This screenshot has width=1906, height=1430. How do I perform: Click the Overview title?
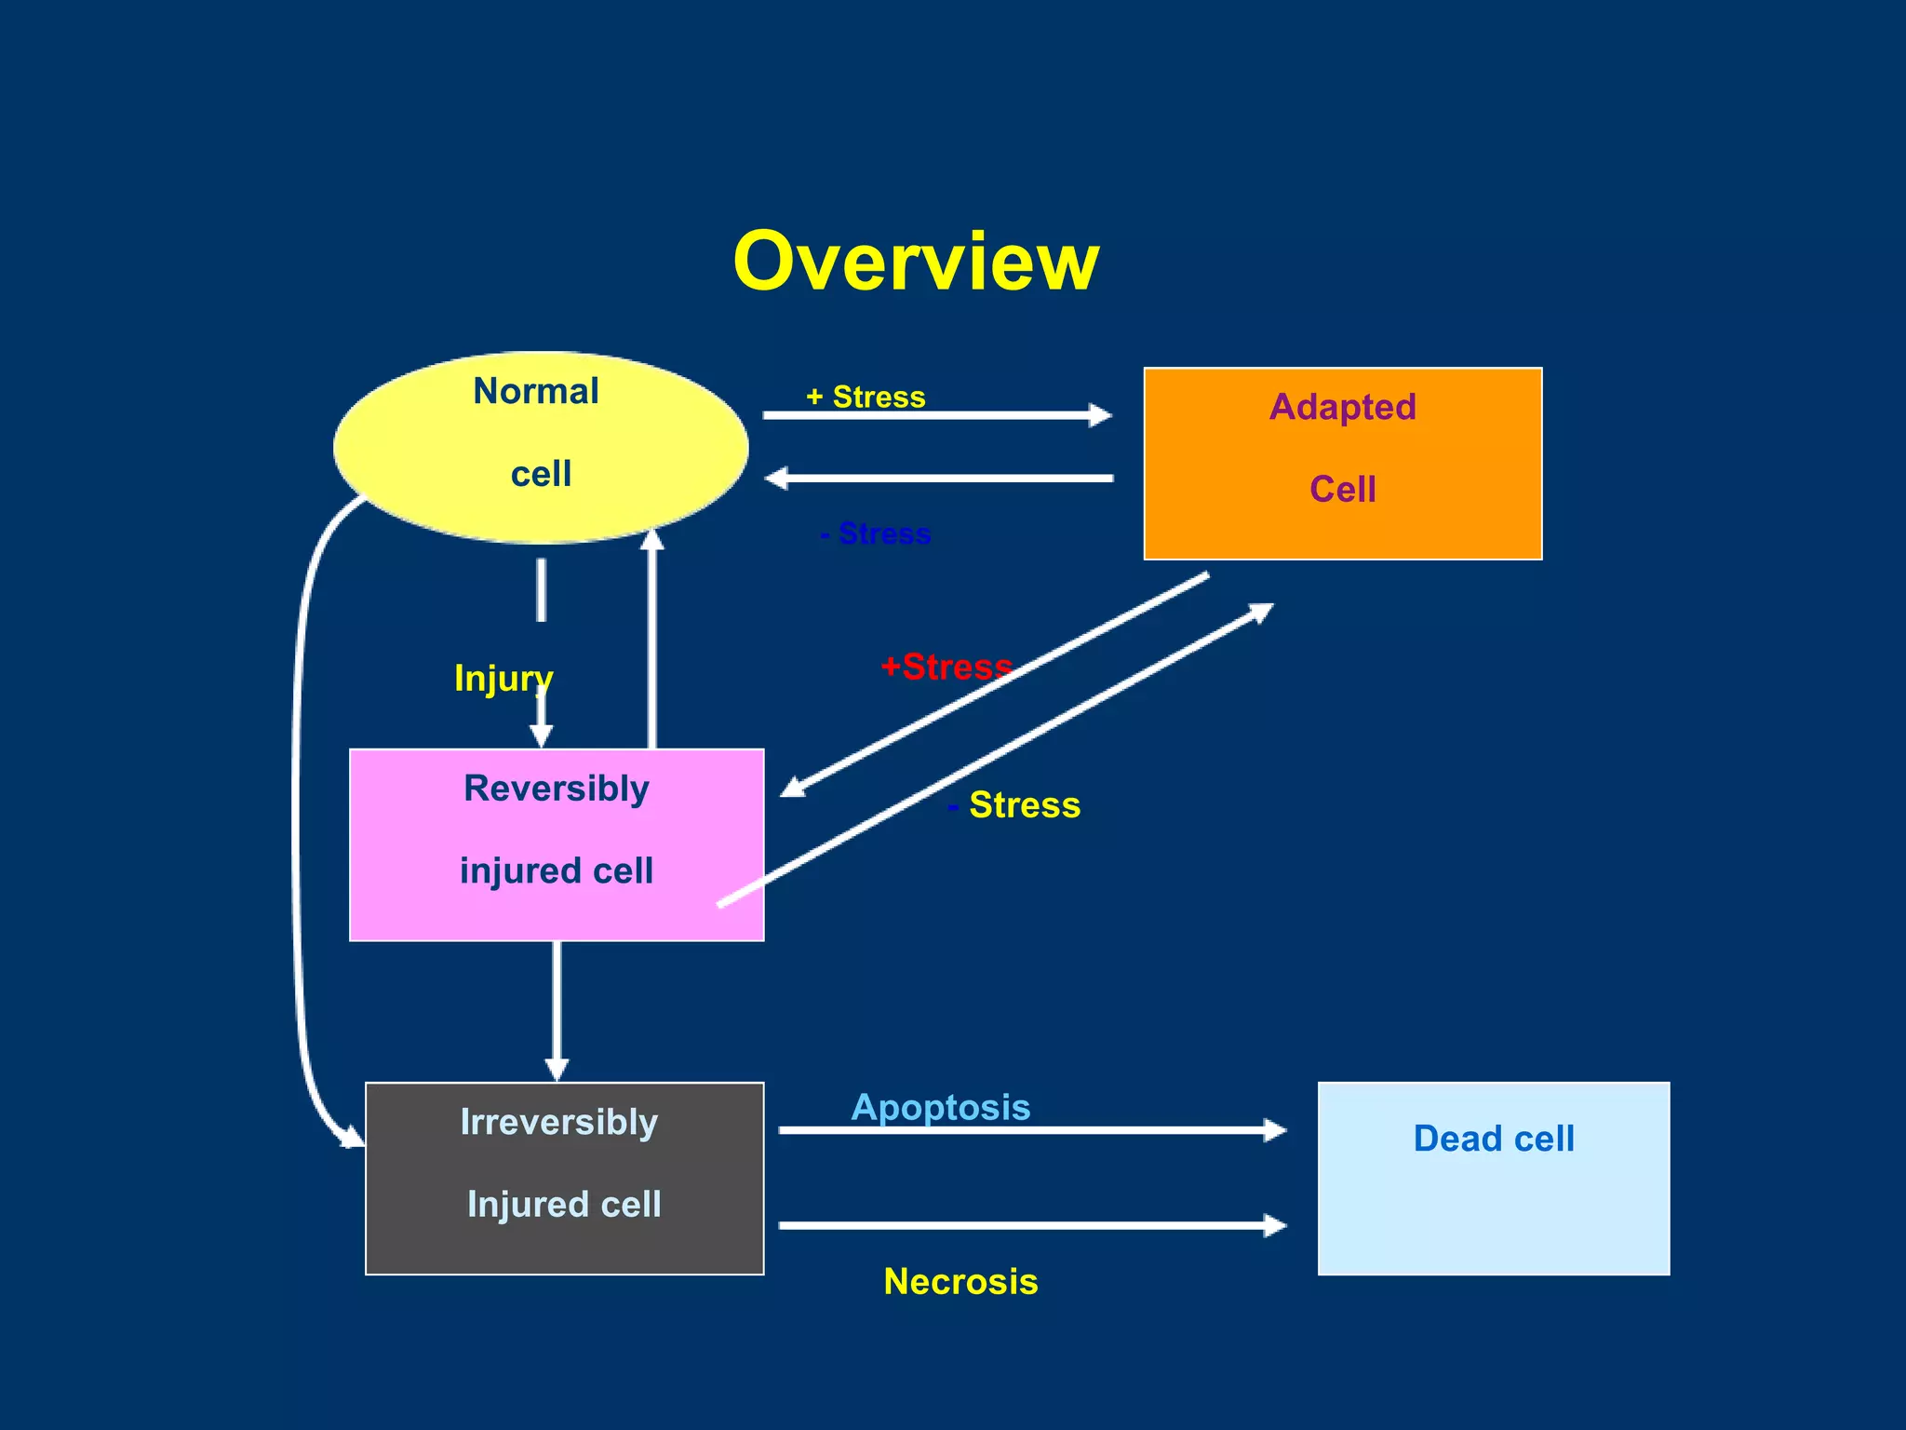click(916, 262)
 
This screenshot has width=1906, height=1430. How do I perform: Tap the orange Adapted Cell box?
click(1342, 463)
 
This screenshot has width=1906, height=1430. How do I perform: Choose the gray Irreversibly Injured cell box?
click(564, 1177)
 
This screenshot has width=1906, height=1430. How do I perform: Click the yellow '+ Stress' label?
click(866, 397)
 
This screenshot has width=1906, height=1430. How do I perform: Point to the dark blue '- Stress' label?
click(876, 533)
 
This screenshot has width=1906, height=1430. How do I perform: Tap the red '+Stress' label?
click(946, 667)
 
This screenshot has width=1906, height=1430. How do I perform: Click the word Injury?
click(503, 678)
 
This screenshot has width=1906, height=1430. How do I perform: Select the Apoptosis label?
click(941, 1107)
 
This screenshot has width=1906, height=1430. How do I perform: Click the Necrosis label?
click(960, 1281)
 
